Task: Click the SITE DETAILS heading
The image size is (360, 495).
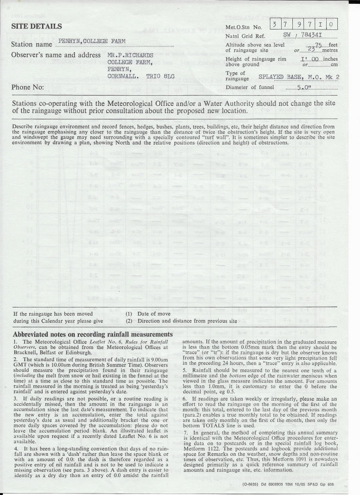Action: tap(36, 26)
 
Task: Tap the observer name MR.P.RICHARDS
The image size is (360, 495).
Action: tap(130, 55)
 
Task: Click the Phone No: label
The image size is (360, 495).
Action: tap(28, 87)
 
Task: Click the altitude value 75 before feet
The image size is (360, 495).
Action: tap(318, 44)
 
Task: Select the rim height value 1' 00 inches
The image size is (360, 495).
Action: tap(309, 58)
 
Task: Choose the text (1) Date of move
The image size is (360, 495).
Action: tap(147, 314)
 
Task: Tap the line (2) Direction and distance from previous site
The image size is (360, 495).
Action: tap(181, 320)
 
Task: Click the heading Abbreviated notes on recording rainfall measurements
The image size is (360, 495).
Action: tap(92, 335)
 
